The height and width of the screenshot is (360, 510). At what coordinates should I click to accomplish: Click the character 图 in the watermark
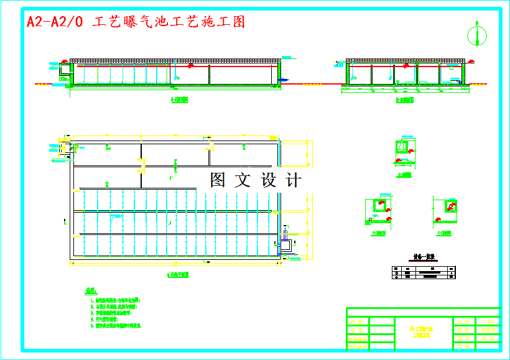[218, 180]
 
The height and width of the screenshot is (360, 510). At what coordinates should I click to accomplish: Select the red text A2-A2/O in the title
[55, 22]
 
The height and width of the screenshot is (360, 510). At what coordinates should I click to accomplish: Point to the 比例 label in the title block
[461, 321]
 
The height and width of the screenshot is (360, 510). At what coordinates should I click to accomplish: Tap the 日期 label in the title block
[461, 348]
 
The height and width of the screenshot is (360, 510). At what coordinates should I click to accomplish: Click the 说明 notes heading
[91, 290]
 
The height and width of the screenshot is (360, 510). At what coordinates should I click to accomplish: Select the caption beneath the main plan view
[179, 274]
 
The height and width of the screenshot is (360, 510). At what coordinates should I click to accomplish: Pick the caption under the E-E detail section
[444, 234]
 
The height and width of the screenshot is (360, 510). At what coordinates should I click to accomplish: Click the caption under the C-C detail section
[405, 175]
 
